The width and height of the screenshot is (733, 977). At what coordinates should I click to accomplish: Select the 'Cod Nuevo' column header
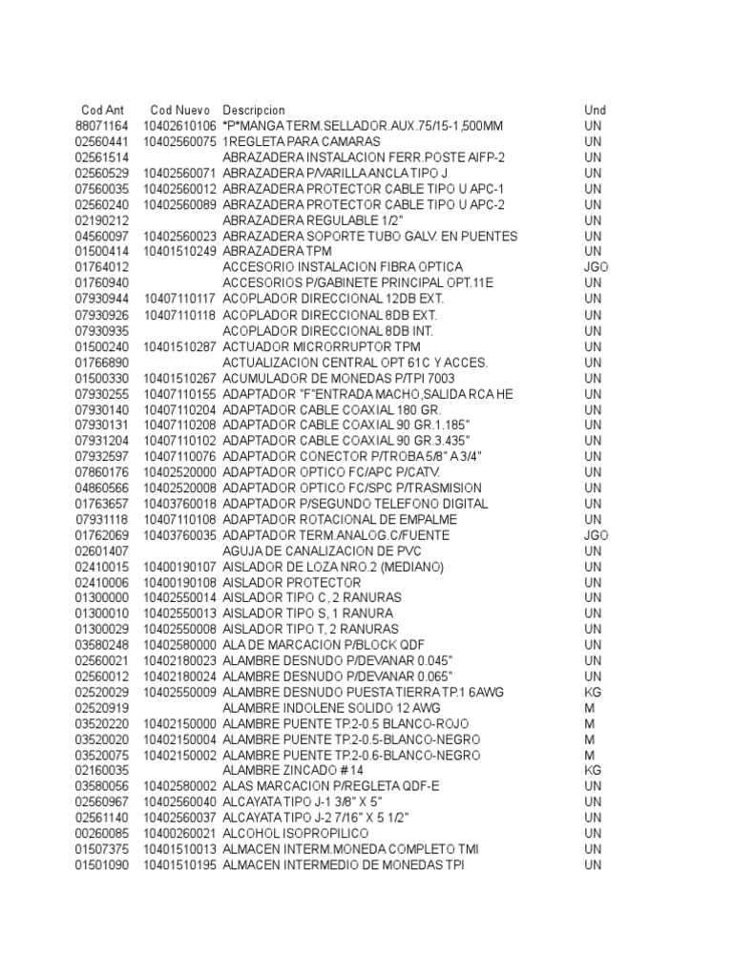180,111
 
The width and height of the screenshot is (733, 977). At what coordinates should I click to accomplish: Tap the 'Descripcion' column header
254,111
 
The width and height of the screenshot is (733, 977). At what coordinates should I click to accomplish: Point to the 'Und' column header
595,111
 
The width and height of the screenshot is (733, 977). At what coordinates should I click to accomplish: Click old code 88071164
101,126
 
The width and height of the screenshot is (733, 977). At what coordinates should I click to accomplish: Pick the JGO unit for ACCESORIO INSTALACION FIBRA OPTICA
596,267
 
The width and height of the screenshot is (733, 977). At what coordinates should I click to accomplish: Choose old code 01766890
101,362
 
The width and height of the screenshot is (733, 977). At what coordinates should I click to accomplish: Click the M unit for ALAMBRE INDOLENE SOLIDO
590,708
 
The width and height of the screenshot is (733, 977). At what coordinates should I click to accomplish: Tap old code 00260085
101,834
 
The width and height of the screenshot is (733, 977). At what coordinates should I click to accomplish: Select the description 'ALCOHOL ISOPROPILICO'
299,834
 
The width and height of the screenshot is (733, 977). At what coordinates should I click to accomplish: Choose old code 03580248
101,645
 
